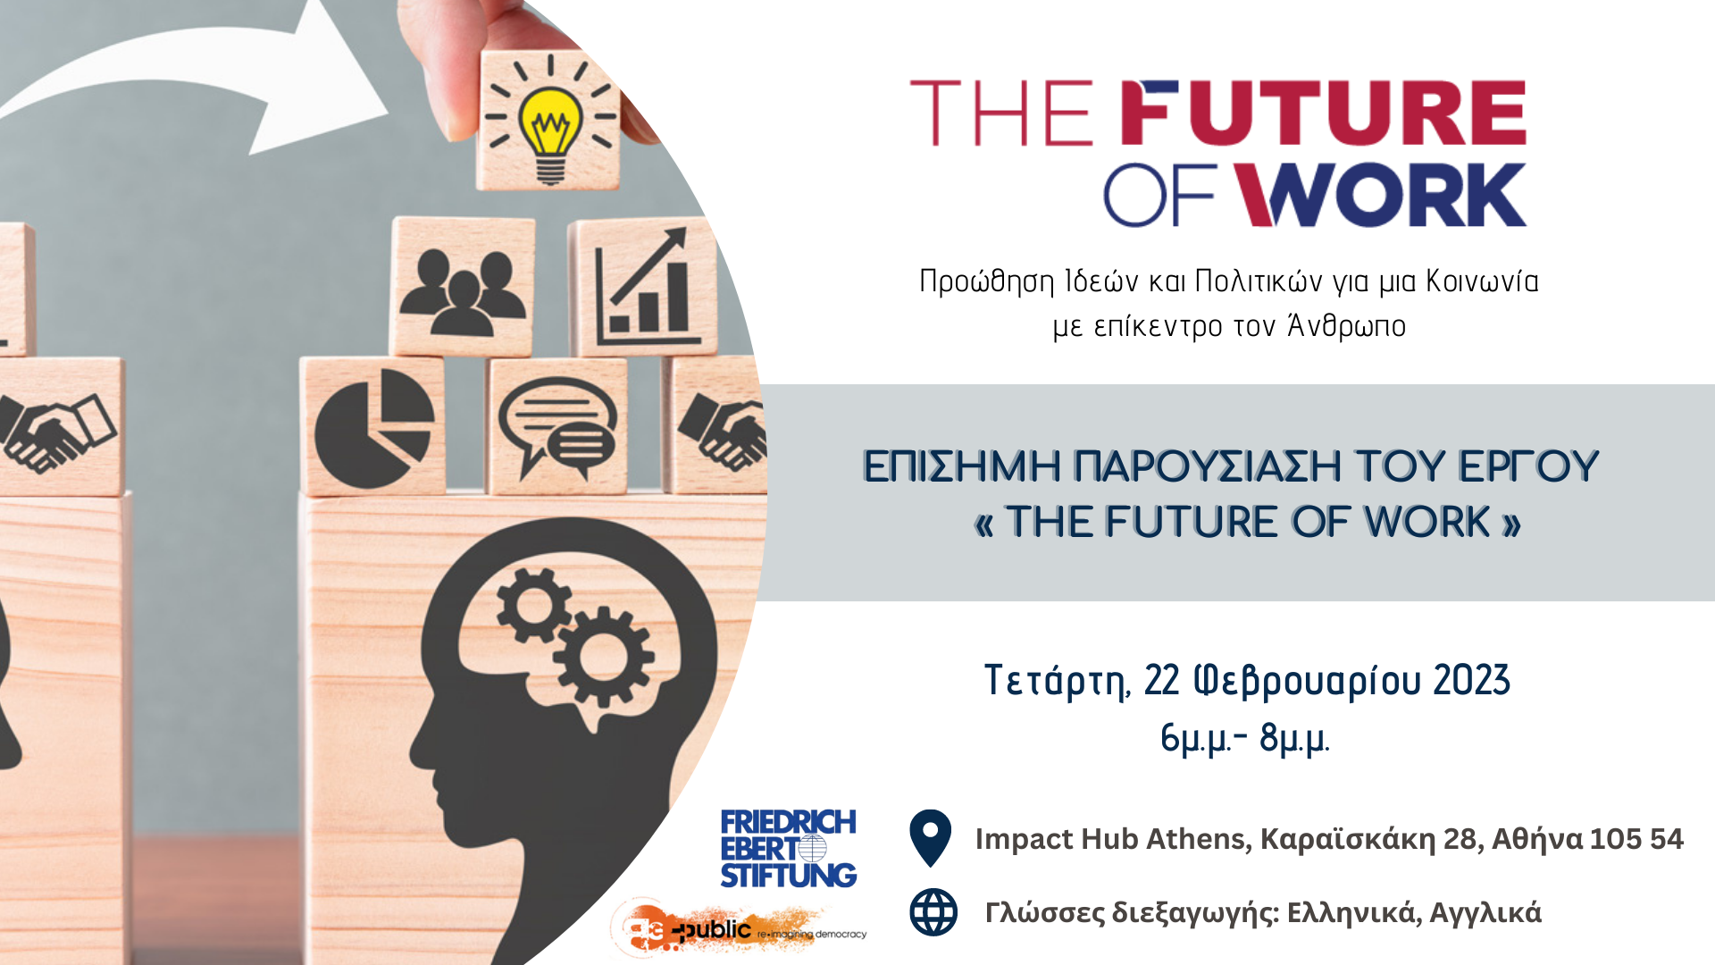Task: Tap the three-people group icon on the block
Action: point(462,291)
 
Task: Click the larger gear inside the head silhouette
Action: point(604,655)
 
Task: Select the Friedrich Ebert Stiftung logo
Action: point(788,849)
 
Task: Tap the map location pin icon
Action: point(930,837)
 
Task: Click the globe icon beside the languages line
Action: point(933,912)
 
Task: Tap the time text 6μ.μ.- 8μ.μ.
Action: point(1245,739)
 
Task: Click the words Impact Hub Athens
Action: point(1114,839)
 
